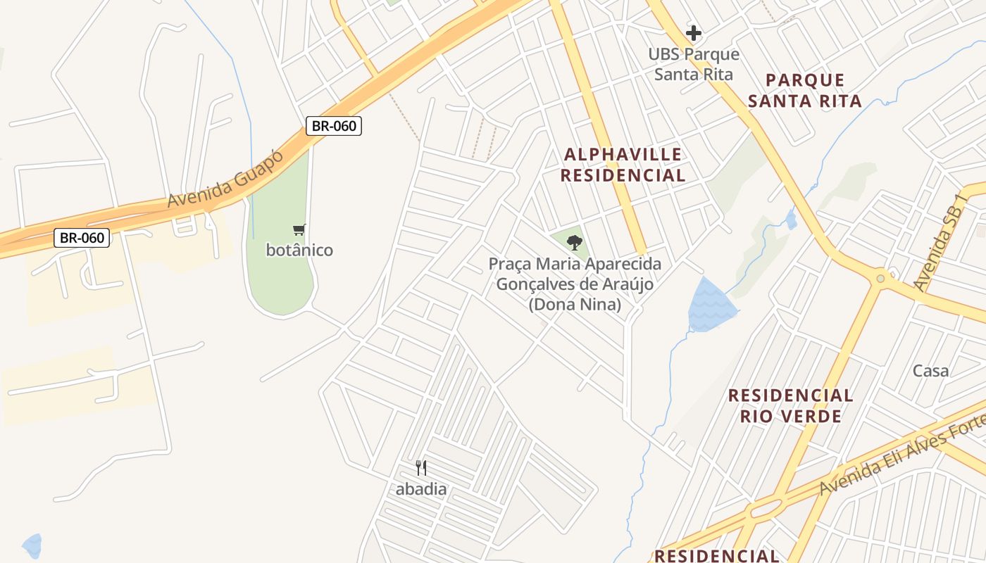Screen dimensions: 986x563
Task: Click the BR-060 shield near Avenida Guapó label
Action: (x=334, y=126)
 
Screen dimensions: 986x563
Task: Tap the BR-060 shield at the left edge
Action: (x=82, y=238)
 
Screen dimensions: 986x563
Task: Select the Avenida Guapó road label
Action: (x=225, y=179)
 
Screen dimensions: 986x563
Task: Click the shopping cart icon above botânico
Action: (x=299, y=229)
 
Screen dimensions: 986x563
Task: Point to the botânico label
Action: (x=299, y=250)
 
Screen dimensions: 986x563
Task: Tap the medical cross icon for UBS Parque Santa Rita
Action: (x=694, y=32)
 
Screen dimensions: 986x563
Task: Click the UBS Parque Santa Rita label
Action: (x=694, y=64)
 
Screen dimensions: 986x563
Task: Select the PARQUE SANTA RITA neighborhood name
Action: (x=805, y=91)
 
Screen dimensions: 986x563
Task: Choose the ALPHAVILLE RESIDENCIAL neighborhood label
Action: (x=623, y=165)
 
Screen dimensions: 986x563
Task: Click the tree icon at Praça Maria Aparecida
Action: (x=575, y=243)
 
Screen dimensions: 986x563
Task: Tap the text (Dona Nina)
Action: (x=575, y=305)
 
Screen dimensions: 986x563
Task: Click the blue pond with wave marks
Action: (x=711, y=306)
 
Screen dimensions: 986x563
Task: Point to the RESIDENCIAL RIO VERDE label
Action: (x=790, y=405)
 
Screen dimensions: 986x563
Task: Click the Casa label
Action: (x=930, y=371)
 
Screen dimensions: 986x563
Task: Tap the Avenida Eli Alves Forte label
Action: (x=901, y=455)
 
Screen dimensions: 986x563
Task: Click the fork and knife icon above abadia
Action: (x=421, y=468)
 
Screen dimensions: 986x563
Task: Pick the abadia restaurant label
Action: (x=421, y=489)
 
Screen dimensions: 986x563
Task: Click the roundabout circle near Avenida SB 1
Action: (x=880, y=279)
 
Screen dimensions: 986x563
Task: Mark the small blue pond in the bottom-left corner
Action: (x=32, y=545)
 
